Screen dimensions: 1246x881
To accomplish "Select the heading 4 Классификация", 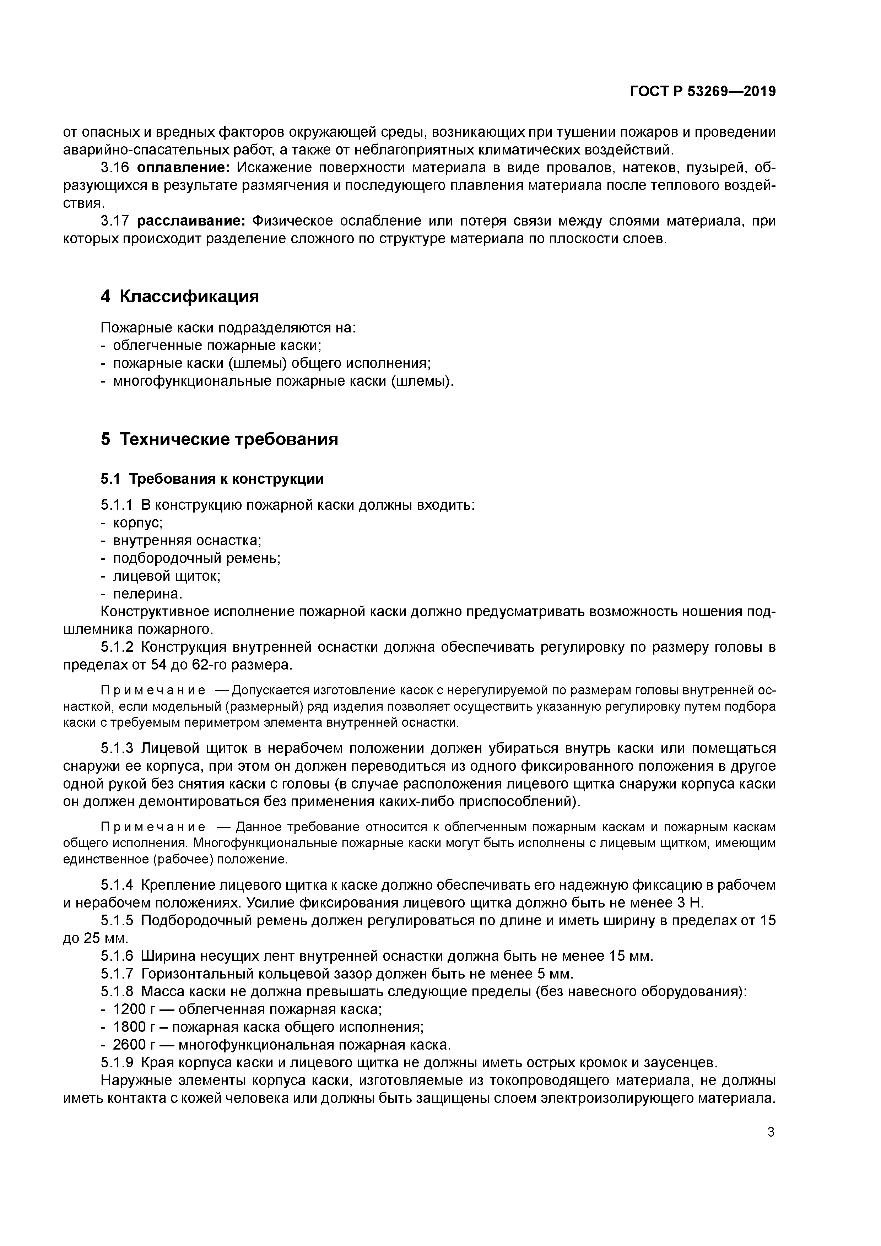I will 180,296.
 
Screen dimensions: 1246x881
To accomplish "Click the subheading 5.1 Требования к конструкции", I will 212,479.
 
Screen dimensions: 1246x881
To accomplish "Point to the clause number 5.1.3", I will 117,748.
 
